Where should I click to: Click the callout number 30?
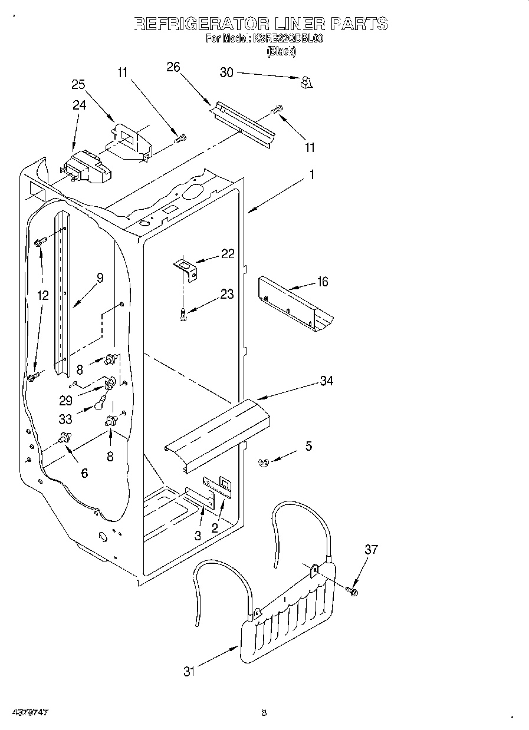(226, 72)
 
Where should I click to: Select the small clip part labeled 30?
(305, 82)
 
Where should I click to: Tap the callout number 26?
(173, 67)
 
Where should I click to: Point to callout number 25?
(78, 84)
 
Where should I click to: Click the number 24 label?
(79, 105)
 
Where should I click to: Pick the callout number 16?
(322, 282)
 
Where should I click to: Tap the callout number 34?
(326, 381)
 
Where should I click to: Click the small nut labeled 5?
(264, 464)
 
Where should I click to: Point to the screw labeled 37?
(352, 590)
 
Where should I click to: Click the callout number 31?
(188, 671)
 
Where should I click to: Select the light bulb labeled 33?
(101, 405)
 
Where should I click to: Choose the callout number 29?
(65, 400)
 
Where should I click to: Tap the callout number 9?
(100, 278)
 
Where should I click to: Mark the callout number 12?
(42, 296)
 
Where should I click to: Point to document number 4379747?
(29, 712)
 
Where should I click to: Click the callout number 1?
(312, 175)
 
